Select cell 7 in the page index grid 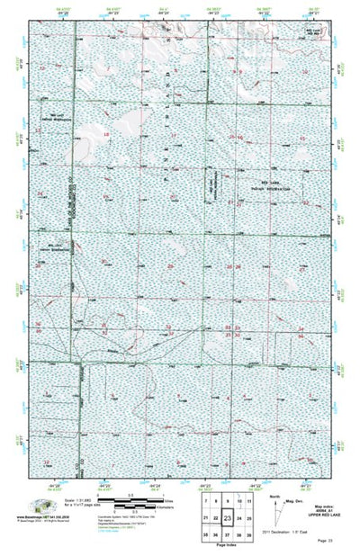click(x=206, y=500)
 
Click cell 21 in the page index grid click(x=206, y=519)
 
